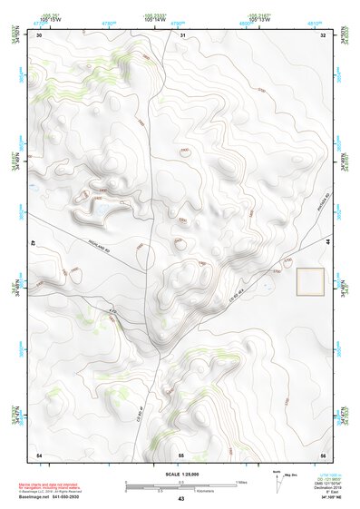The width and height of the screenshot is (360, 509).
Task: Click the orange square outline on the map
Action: pos(311,282)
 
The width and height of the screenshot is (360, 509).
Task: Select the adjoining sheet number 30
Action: pos(37,35)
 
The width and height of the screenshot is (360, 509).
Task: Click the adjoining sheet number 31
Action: pos(181,35)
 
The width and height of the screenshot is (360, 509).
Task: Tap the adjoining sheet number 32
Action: pos(322,35)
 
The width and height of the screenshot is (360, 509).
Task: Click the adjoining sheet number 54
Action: pos(38,454)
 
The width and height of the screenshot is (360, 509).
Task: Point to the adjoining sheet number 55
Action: pos(181,454)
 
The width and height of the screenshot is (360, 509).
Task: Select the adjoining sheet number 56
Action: pos(322,454)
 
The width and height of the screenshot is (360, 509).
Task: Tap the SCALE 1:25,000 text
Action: pos(180,475)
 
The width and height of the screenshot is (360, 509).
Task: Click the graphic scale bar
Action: pos(180,487)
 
